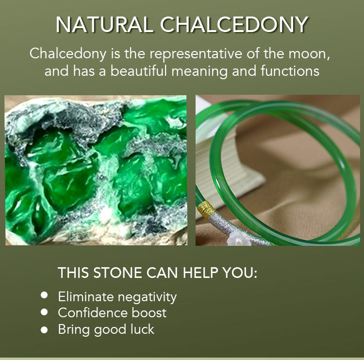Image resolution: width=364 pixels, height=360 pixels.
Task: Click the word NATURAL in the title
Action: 104,24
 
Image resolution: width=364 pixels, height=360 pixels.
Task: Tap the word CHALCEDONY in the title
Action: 234,24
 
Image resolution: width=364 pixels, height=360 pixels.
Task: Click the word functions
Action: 290,70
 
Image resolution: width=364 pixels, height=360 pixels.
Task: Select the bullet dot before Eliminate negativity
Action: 44,295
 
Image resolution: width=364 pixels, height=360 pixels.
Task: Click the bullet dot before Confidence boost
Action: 44,312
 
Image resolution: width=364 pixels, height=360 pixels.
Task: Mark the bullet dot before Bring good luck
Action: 44,330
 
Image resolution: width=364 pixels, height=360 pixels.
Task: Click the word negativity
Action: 147,297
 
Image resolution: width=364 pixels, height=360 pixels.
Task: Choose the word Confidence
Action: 92,313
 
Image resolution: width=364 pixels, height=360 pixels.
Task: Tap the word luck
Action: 142,329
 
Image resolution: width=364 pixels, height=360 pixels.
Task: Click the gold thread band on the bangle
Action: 206,210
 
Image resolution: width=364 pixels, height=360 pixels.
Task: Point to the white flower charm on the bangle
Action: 239,240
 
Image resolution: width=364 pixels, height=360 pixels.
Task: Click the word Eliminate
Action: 85,297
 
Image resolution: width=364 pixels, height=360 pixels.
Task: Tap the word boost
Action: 149,313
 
